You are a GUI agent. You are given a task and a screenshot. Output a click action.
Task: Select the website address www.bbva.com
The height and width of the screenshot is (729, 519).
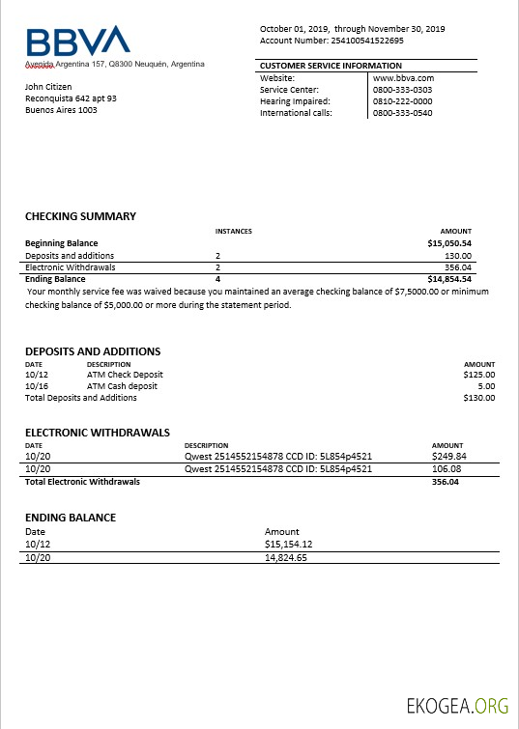tap(403, 78)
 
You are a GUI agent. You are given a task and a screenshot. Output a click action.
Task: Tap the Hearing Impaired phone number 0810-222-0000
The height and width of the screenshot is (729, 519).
tap(402, 101)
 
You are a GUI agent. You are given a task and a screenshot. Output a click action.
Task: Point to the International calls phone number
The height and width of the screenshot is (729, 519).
tap(402, 113)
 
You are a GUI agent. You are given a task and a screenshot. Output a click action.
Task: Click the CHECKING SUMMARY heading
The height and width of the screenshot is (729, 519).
tap(80, 216)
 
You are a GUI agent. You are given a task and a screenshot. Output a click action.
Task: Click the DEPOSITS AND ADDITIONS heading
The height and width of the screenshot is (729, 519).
tap(93, 351)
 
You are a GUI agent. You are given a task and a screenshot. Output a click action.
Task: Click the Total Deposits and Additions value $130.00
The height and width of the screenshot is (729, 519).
tap(479, 398)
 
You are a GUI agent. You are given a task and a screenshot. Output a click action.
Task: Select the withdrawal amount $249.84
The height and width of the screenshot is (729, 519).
tap(448, 457)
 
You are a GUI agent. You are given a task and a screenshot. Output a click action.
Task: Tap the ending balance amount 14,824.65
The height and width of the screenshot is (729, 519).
tap(285, 557)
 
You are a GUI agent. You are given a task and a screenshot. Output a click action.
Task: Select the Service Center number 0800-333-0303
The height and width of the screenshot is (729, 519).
tap(402, 90)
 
